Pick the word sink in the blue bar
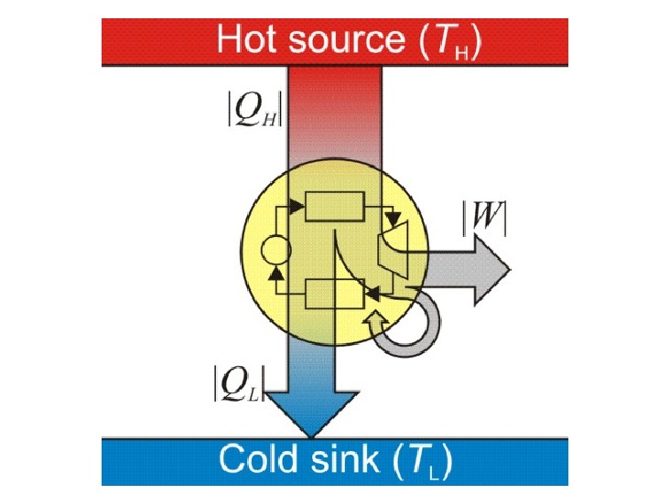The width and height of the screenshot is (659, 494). [x=347, y=458]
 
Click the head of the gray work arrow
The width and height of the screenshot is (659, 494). [x=493, y=272]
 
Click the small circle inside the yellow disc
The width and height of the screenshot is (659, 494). [x=275, y=248]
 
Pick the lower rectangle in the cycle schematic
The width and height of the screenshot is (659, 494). [x=334, y=295]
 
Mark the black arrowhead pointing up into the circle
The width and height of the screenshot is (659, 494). [x=275, y=267]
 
